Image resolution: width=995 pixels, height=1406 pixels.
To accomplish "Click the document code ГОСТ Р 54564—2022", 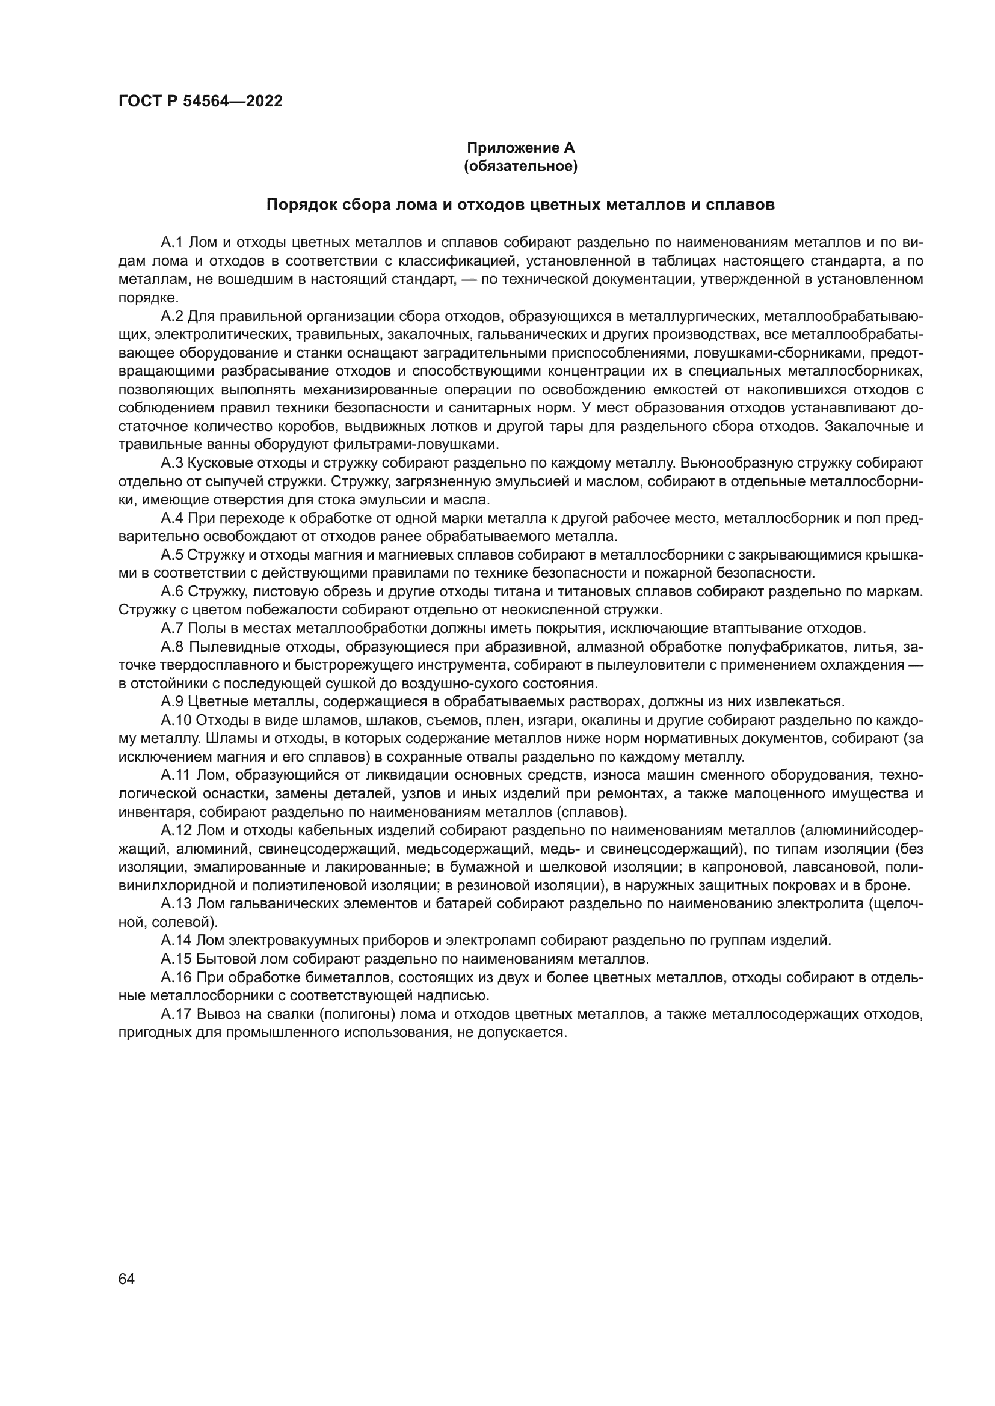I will (200, 102).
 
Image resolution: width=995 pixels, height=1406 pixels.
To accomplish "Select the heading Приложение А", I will (521, 148).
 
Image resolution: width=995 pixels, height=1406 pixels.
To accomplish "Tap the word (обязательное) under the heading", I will (521, 166).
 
